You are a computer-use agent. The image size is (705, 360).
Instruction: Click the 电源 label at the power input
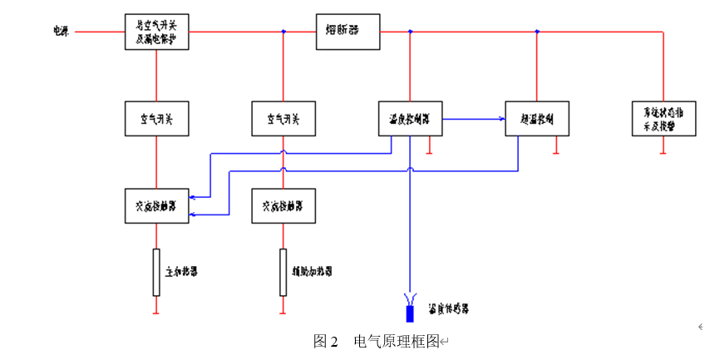[x=61, y=32]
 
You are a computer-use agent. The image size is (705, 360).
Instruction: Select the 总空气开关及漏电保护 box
[x=156, y=32]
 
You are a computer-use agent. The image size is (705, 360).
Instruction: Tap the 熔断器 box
[x=348, y=32]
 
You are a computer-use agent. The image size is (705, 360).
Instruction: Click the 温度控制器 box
[x=410, y=119]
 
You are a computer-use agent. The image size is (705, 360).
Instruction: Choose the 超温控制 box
[x=537, y=119]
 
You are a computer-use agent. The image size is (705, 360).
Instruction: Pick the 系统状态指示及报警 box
[x=663, y=119]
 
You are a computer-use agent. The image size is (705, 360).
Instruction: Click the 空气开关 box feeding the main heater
[x=156, y=119]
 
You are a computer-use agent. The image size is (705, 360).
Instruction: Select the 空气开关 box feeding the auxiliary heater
[x=283, y=119]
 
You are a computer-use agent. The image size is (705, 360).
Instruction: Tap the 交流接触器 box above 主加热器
[x=156, y=205]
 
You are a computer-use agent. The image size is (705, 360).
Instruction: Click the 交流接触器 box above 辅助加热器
[x=283, y=205]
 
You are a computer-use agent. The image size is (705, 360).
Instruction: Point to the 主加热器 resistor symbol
[x=156, y=272]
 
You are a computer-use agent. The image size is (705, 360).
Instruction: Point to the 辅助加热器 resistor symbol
[x=283, y=272]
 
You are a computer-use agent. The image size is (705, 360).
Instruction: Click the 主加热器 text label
[x=182, y=272]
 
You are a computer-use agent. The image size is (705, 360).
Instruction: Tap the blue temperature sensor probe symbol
[x=410, y=313]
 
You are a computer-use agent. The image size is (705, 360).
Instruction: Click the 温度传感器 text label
[x=449, y=308]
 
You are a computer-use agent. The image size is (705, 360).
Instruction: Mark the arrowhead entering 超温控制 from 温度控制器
[x=502, y=119]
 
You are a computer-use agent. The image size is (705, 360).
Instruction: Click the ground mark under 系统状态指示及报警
[x=663, y=152]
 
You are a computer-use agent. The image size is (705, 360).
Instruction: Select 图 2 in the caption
[x=325, y=341]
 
